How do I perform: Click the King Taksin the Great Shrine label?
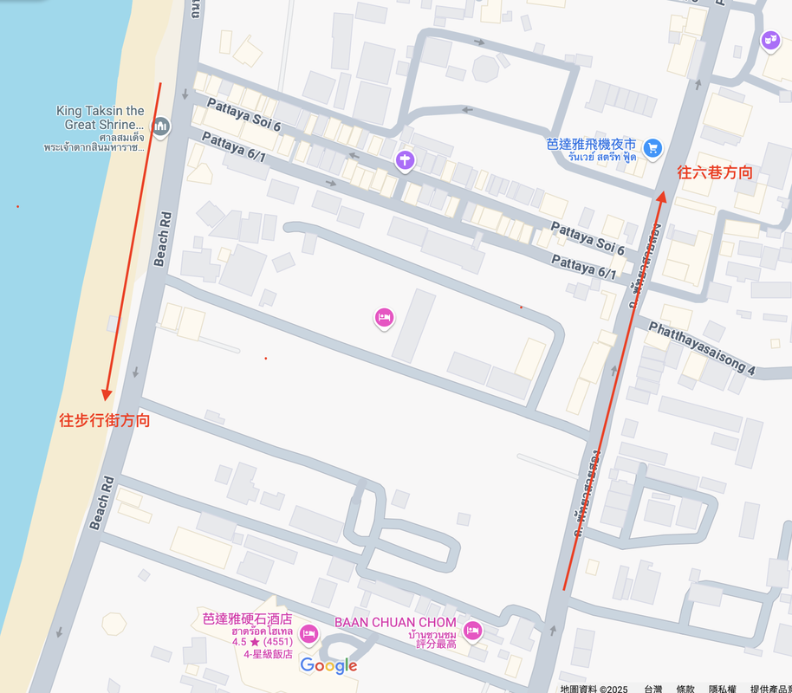(x=101, y=118)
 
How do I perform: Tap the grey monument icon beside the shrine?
(x=159, y=128)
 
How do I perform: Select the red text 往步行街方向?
(x=105, y=421)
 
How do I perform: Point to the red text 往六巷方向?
(x=715, y=172)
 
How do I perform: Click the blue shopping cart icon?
(x=653, y=147)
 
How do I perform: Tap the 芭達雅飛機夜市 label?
(x=592, y=144)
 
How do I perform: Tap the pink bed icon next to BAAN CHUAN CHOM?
(x=472, y=630)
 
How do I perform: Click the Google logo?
(x=328, y=665)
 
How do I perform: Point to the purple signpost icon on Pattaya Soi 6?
(x=405, y=159)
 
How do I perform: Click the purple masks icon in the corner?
(x=770, y=40)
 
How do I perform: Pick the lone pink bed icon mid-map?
(x=385, y=318)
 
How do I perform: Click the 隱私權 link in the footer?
(x=723, y=689)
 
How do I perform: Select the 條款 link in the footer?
(x=685, y=689)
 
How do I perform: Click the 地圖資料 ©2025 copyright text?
(x=594, y=689)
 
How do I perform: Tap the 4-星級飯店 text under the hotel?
(x=268, y=654)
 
